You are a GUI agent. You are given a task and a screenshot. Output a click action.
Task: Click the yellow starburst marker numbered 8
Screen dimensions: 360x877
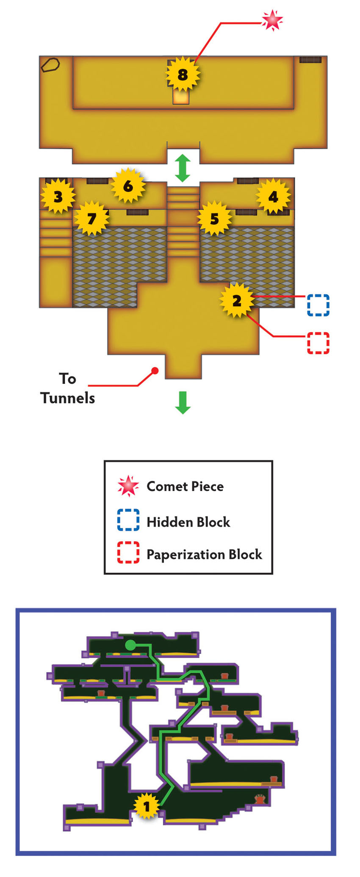[x=183, y=75]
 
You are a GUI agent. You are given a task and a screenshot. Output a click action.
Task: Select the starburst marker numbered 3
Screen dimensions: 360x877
[x=58, y=196]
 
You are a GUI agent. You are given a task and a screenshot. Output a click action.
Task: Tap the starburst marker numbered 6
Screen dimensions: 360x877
[x=128, y=186]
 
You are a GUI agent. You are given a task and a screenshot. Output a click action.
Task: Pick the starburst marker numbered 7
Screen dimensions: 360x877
[x=91, y=219]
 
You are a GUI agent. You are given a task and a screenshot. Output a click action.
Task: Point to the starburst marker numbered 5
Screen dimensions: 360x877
[x=215, y=219]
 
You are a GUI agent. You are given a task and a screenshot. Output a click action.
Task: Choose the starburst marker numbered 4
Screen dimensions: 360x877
[x=273, y=196]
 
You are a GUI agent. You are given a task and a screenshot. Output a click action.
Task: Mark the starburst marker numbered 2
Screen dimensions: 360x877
[x=237, y=300]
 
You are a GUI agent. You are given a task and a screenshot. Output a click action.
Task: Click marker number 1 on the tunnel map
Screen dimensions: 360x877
[x=147, y=806]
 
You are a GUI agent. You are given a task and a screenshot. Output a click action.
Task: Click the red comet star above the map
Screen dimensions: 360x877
[x=271, y=20]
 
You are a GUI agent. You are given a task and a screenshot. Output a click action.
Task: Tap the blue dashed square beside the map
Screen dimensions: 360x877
[x=318, y=305]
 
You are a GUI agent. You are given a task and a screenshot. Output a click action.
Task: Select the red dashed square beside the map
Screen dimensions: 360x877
[x=318, y=343]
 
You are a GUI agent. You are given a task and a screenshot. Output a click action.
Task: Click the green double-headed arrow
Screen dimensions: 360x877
[x=183, y=168]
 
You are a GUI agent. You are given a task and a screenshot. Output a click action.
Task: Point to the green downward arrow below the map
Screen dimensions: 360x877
[x=183, y=402]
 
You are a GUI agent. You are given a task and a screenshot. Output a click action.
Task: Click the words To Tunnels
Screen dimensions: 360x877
[x=68, y=388]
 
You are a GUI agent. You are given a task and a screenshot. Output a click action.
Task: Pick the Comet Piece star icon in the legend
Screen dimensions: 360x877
[x=128, y=486]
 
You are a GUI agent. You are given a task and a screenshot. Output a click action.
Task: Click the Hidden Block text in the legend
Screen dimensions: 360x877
[x=188, y=522]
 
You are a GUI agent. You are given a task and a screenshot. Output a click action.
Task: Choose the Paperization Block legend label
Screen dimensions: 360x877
[x=204, y=555]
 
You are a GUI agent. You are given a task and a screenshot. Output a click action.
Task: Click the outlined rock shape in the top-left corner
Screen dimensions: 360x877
[x=50, y=64]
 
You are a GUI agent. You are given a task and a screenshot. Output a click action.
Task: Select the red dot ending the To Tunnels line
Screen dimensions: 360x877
[x=155, y=371]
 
